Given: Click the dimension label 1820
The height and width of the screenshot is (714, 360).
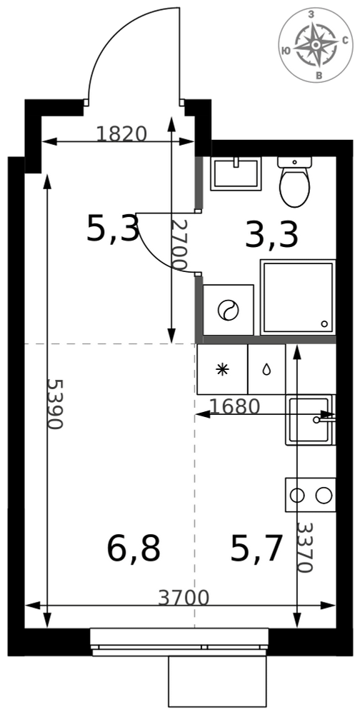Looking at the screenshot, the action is coord(121,134).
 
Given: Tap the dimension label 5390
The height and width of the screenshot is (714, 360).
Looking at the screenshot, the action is coord(55,404).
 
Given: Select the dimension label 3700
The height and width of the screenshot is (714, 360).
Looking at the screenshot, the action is coord(184,598).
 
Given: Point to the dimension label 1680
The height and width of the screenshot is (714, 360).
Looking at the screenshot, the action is coord(234,406).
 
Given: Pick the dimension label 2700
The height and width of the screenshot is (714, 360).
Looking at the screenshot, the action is coord(179,245).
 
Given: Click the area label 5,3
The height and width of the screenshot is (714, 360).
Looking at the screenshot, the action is coord(113,229).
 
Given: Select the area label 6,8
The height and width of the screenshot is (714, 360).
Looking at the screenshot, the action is coord(134,548).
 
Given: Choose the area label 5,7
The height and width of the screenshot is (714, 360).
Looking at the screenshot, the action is coord(257,548).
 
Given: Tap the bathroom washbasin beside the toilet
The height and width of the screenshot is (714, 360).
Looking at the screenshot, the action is coord(236,174).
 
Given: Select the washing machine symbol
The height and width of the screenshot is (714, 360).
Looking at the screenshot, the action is coord(228,310).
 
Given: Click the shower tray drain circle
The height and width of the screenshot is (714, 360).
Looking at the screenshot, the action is coord(324,323).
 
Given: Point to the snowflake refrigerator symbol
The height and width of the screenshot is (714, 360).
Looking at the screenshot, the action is coord(222,369).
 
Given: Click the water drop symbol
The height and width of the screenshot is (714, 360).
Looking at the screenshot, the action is coord(266,369).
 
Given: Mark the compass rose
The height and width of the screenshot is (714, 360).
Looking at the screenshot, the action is coord(315,45).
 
